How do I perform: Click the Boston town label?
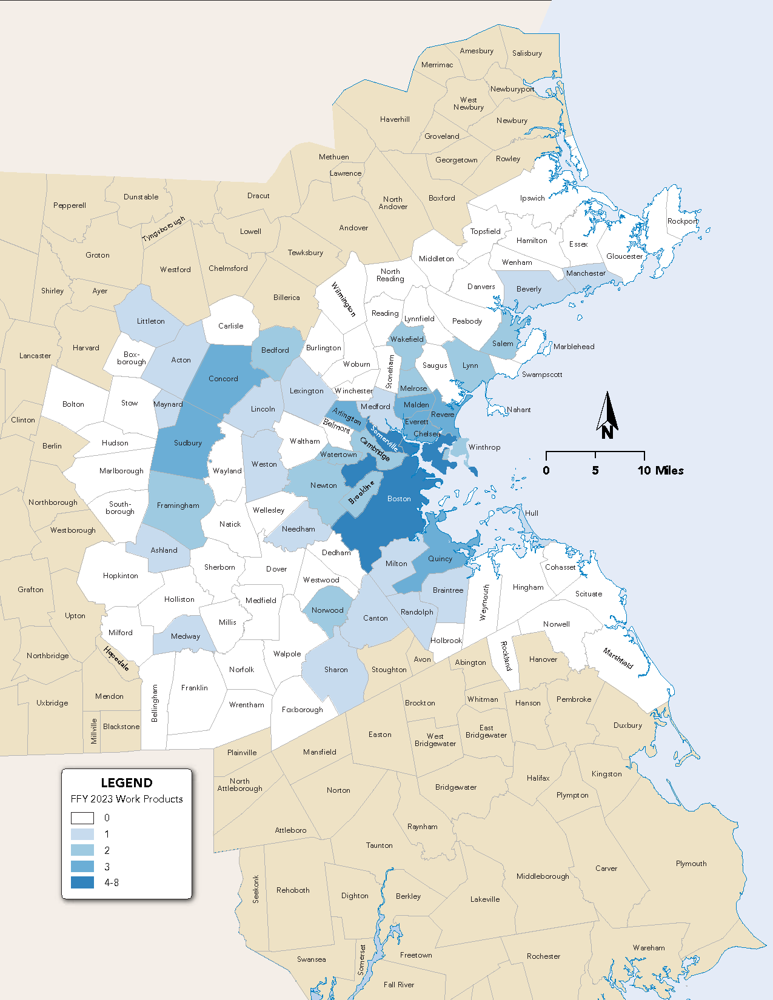coord(399,499)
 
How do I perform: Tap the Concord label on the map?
coord(223,379)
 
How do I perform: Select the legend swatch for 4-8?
coord(82,882)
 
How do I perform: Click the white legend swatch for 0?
coord(82,818)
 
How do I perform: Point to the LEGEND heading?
coord(127,782)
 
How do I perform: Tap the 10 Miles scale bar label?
coord(660,470)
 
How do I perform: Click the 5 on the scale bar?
coord(595,470)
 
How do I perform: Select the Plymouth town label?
coord(691,864)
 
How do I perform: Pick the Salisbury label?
coord(527,53)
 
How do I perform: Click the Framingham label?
coord(178,505)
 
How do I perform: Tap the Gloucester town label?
coord(624,256)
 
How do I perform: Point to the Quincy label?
coord(440,559)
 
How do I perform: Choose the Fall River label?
coord(399,985)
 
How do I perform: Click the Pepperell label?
coord(70,205)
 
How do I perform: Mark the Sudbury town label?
coord(188,443)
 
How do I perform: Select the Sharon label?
coord(336,670)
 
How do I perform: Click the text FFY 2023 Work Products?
coord(127,799)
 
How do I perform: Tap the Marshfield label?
coord(618,658)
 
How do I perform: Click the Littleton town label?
coord(151,321)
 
